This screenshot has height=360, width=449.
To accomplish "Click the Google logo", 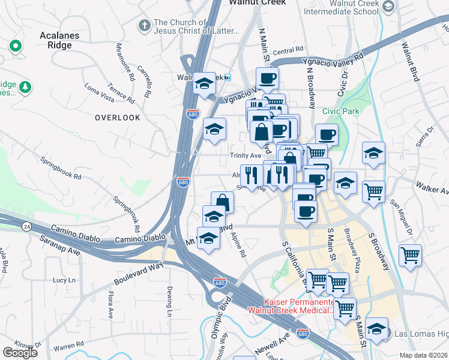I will (20, 352).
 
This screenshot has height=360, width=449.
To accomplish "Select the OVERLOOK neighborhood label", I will (117, 118).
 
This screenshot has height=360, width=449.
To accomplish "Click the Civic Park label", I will (340, 111).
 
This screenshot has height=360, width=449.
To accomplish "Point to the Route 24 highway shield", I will (26, 226).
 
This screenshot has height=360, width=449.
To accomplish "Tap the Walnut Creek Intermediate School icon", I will (388, 7).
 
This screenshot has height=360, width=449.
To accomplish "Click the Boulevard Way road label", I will (138, 274).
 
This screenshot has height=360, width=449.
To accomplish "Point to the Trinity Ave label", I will (246, 155).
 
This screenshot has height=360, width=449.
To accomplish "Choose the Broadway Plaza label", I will (354, 250).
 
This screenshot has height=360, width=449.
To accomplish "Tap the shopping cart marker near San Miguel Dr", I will (373, 192).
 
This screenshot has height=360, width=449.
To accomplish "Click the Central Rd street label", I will (289, 52).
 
